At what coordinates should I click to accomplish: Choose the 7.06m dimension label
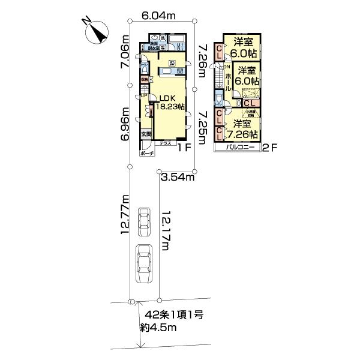(126, 58)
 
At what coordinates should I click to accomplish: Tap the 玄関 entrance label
(147, 134)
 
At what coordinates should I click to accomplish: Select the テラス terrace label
(166, 144)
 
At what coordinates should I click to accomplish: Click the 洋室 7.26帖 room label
(245, 129)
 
